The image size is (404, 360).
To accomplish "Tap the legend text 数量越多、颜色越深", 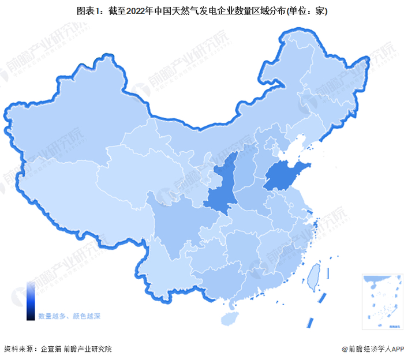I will pyautogui.click(x=69, y=317).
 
